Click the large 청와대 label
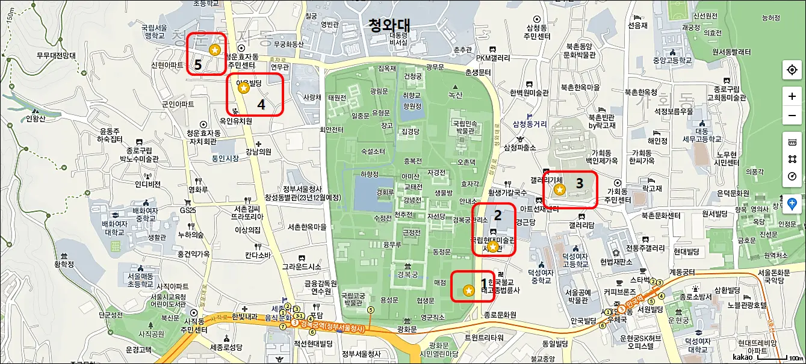389,25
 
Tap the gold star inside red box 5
214,49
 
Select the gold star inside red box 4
244,88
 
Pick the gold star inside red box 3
560,190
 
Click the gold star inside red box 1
468,291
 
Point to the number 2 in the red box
498,214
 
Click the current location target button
792,70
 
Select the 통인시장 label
226,159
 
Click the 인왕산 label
36,118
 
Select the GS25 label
188,211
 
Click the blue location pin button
792,203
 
